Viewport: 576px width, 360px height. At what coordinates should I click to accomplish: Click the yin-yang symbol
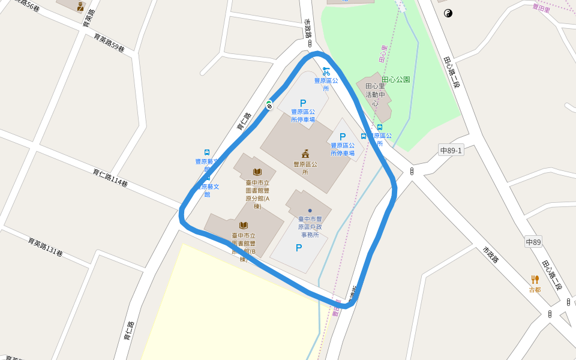coord(448,13)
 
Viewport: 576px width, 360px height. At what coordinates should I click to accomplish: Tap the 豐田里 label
coord(541,7)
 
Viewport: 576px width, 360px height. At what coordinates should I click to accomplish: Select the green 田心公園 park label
coord(396,79)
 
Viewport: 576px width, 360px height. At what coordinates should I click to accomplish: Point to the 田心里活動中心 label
coord(375,95)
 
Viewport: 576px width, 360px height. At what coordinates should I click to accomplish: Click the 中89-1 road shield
coord(451,151)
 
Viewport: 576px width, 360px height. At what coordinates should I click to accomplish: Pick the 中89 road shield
coord(533,242)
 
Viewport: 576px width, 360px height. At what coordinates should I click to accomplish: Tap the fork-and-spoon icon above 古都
coord(535,280)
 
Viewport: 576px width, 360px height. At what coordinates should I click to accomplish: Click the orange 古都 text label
coord(535,290)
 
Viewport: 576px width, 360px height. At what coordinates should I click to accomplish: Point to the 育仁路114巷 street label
coord(110,178)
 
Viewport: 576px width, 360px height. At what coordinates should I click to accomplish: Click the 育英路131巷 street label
coord(45,247)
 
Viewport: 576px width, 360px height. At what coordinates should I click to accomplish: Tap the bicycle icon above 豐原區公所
coord(326,71)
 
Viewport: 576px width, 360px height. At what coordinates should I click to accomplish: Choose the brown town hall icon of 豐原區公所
coord(305,154)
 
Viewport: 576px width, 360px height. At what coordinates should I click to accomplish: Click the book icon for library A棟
coord(257,172)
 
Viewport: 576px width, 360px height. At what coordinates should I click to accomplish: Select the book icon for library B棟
coord(244,225)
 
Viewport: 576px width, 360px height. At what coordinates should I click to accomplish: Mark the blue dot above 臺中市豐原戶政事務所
coord(310,210)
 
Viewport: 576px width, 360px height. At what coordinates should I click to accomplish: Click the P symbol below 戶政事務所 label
coord(298,248)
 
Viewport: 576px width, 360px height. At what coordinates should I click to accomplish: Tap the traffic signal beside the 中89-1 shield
coord(412,172)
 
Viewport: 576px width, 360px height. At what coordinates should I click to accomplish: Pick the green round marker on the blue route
coord(269,106)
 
